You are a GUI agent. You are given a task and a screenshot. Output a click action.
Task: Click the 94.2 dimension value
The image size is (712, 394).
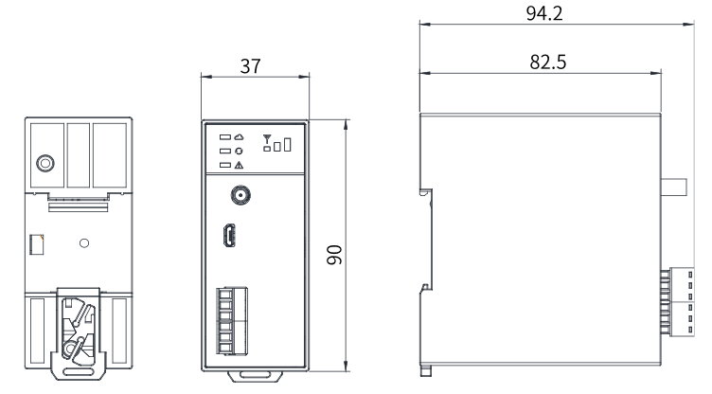pos(544,13)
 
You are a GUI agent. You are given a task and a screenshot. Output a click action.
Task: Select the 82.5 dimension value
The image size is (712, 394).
pos(547,62)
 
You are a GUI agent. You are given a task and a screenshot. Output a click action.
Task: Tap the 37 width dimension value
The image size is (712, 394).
pos(250,66)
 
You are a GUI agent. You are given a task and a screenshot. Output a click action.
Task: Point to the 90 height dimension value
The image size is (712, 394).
pos(334,255)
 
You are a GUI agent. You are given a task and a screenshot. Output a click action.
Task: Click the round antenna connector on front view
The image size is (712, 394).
pos(240,195)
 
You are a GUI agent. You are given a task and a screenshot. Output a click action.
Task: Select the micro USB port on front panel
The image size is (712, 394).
pos(229,236)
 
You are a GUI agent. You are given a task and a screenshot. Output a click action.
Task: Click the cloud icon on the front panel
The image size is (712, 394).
pos(239,136)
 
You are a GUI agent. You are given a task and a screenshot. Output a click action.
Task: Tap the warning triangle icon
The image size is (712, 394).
pos(239,166)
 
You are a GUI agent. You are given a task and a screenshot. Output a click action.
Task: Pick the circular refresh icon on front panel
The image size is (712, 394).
pos(239,151)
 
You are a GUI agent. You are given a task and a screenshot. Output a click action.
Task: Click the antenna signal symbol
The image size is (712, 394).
pos(267,138)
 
